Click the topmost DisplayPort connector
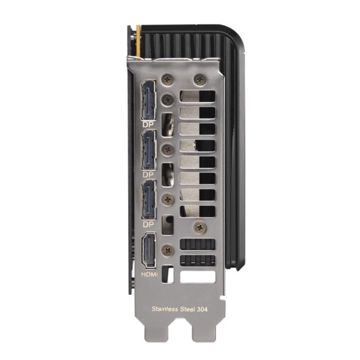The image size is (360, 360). click(x=149, y=100)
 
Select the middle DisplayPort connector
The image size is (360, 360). click(x=149, y=151)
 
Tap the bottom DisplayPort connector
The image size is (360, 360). click(x=149, y=199)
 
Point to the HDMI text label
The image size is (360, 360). click(x=149, y=274)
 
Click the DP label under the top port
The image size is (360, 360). click(x=148, y=124)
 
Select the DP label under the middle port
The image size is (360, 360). click(x=148, y=175)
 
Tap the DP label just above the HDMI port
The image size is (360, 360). click(x=148, y=224)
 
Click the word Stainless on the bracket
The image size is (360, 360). click(x=165, y=309)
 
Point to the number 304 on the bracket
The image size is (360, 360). click(x=202, y=309)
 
